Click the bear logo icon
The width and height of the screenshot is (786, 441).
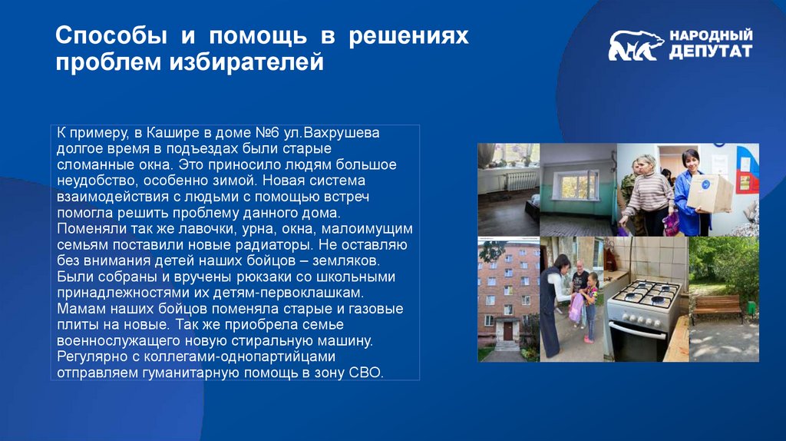pyautogui.click(x=636, y=46)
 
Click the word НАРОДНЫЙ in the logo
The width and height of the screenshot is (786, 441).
pyautogui.click(x=710, y=36)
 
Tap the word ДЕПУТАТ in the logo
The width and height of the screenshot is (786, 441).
pyautogui.click(x=709, y=52)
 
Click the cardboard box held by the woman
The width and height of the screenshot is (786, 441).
pyautogui.click(x=709, y=192)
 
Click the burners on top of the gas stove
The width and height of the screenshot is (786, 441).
pyautogui.click(x=647, y=292)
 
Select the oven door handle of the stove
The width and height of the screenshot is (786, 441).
pyautogui.click(x=636, y=324)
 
